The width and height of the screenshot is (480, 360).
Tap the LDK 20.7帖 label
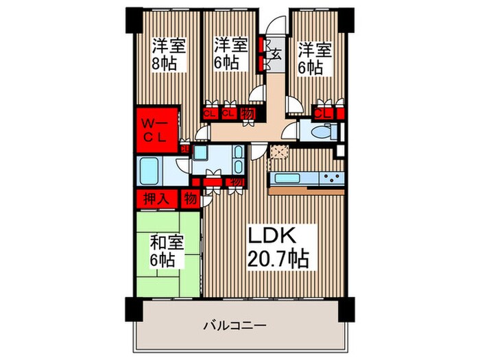tap(278, 247)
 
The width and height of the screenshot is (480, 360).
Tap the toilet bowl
tap(318, 132)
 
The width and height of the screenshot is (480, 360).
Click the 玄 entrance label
tap(276, 52)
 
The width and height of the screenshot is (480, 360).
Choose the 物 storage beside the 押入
tap(189, 199)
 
